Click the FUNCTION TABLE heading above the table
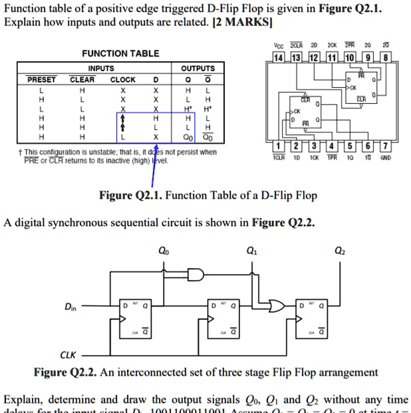pos(120,53)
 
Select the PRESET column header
pos(41,79)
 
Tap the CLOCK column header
pos(122,79)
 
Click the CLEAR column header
pos(82,79)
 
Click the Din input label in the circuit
pos(70,307)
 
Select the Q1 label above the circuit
pos(250,251)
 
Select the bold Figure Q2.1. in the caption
pos(130,196)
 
